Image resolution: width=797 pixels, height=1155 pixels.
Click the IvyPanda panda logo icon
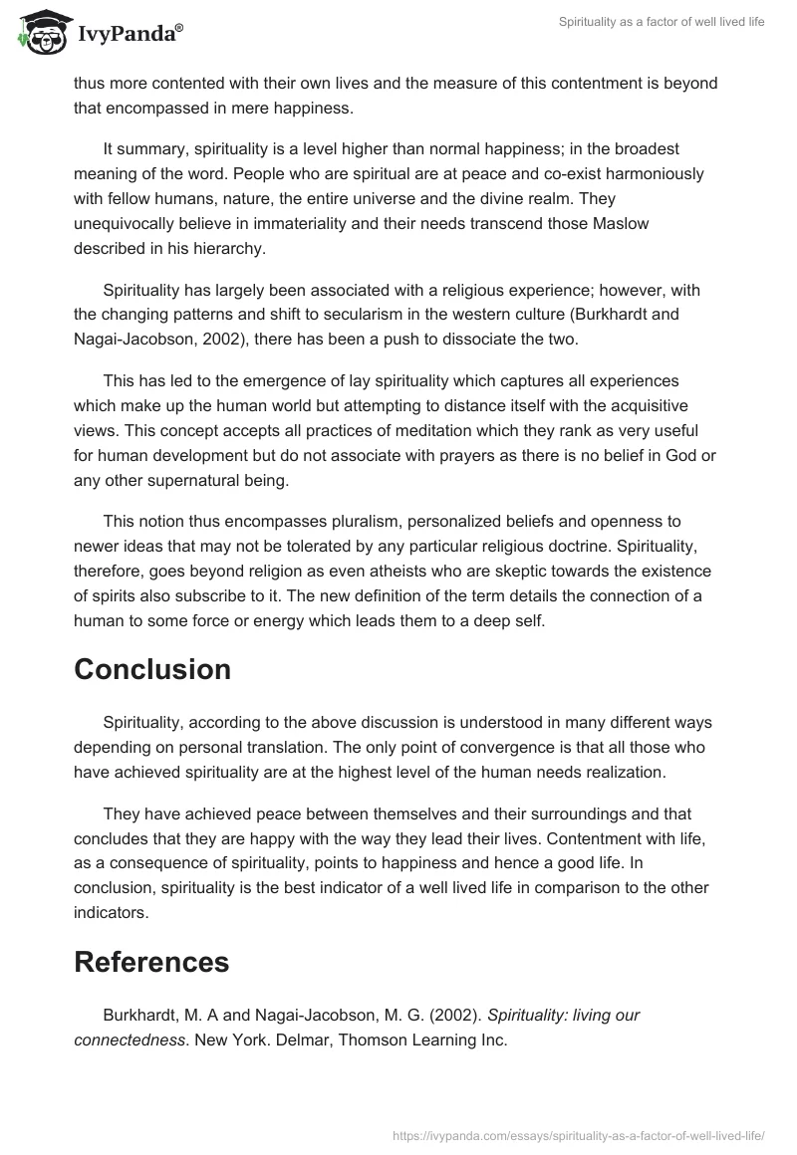click(40, 33)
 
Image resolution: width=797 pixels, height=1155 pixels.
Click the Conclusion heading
click(152, 669)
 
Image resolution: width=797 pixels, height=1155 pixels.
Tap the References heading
click(151, 961)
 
